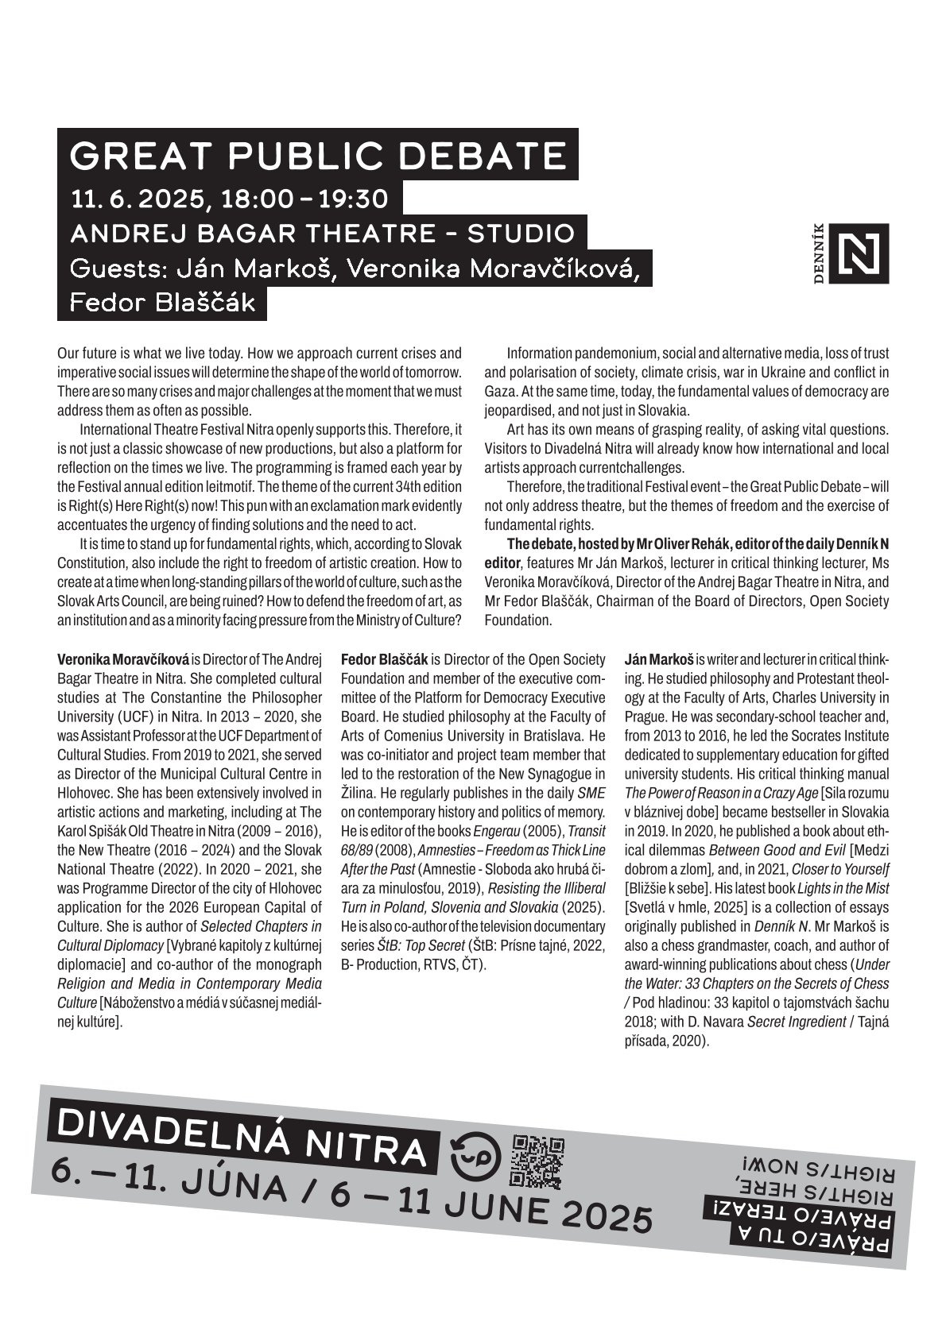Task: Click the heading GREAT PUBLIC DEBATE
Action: pos(318,156)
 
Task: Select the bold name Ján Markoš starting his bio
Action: pos(659,659)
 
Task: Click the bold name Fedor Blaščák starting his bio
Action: pos(384,659)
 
